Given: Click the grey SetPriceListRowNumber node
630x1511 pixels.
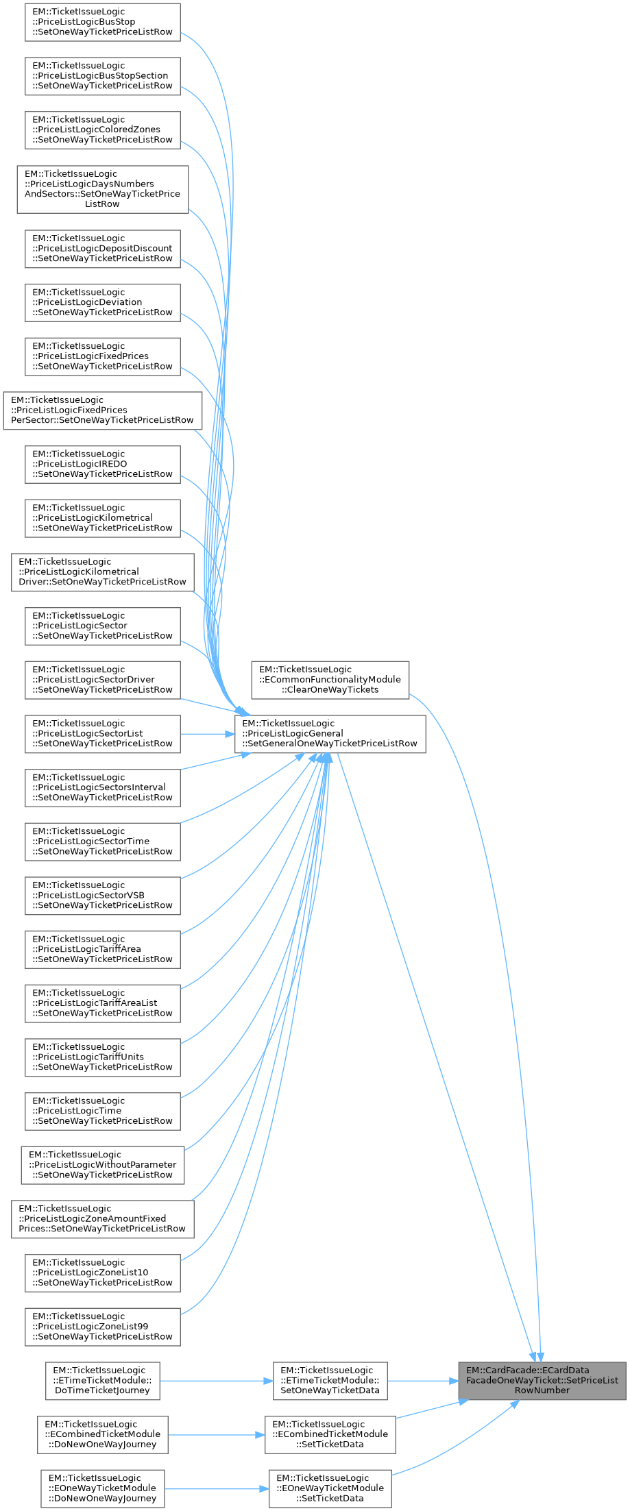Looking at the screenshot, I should pos(542,1380).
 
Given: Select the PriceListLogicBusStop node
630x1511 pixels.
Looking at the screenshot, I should pos(103,22).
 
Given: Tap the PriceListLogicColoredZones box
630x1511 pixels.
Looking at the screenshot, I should pos(103,130).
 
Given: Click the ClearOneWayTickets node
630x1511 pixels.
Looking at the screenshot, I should pos(330,680).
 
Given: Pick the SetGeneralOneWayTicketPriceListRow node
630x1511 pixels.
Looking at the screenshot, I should pos(330,734).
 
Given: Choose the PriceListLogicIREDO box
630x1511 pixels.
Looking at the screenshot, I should pos(103,464).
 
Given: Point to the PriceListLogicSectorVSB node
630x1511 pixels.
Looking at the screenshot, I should pos(103,896).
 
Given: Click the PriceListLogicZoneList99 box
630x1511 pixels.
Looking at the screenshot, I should pos(103,1327).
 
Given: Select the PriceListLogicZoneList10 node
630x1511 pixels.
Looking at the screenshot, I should pos(103,1273).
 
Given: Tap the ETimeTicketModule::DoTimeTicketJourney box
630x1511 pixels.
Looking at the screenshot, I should pos(103,1381).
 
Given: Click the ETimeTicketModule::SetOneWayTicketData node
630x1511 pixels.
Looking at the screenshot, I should pos(330,1381).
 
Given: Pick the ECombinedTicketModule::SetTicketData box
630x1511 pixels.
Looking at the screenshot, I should pos(330,1434).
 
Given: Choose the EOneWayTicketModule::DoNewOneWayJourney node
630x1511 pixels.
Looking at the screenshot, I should pos(102,1488).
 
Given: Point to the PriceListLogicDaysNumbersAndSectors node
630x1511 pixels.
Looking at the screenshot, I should pos(103,189).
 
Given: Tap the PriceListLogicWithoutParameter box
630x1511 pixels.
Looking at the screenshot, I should pos(103,1165).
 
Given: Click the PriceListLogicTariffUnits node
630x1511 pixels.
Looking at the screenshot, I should pos(103,1057).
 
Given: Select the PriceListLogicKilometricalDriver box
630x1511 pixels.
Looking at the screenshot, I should pos(103,572).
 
